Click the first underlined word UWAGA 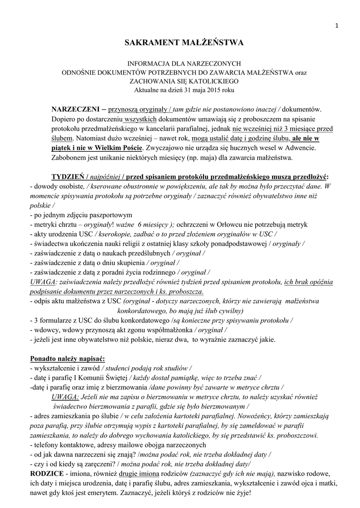(x=43, y=282)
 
